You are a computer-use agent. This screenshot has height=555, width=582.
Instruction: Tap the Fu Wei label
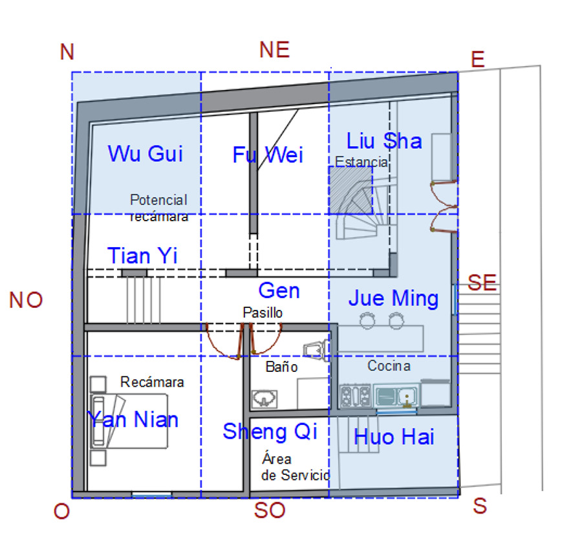tap(268, 155)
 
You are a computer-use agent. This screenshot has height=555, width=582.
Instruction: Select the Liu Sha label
tap(384, 140)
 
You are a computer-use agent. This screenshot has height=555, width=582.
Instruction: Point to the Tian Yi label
tap(142, 256)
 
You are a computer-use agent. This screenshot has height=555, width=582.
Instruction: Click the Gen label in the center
tap(279, 290)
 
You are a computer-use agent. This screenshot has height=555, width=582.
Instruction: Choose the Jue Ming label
tap(393, 298)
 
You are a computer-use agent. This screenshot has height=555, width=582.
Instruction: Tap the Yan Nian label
tap(133, 420)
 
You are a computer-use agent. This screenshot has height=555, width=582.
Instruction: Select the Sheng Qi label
tap(270, 431)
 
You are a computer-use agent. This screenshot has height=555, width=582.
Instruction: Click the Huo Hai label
tap(394, 437)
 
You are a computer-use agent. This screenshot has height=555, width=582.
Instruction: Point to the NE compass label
tap(274, 50)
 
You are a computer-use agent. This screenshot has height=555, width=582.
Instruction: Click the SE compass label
tap(482, 282)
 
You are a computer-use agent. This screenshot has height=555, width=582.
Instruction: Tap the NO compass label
tap(26, 300)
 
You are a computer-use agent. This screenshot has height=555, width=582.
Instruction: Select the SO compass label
tap(270, 510)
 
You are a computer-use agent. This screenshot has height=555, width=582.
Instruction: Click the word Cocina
tap(389, 366)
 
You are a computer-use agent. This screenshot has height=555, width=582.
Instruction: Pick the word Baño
tap(281, 367)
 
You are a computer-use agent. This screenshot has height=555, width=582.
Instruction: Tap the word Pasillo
tap(263, 312)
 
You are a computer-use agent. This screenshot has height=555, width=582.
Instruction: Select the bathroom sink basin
tap(264, 398)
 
